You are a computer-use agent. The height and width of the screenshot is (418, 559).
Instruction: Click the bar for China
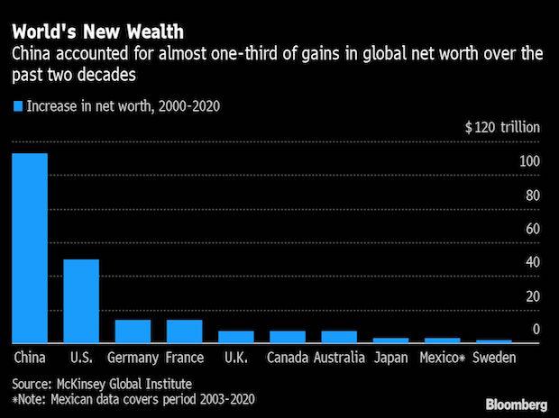point(29,248)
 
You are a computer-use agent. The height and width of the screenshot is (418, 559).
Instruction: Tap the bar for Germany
point(133,331)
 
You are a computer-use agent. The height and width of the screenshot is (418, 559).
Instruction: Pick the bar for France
point(185,331)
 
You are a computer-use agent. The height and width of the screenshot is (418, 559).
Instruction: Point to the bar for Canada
point(288,336)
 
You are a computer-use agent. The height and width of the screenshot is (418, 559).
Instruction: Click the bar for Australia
point(340,336)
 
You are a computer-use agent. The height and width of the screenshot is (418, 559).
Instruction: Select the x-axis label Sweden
point(495,358)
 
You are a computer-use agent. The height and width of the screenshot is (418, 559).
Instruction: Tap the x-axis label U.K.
point(235,358)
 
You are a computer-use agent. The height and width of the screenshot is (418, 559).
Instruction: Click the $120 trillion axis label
point(502,128)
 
